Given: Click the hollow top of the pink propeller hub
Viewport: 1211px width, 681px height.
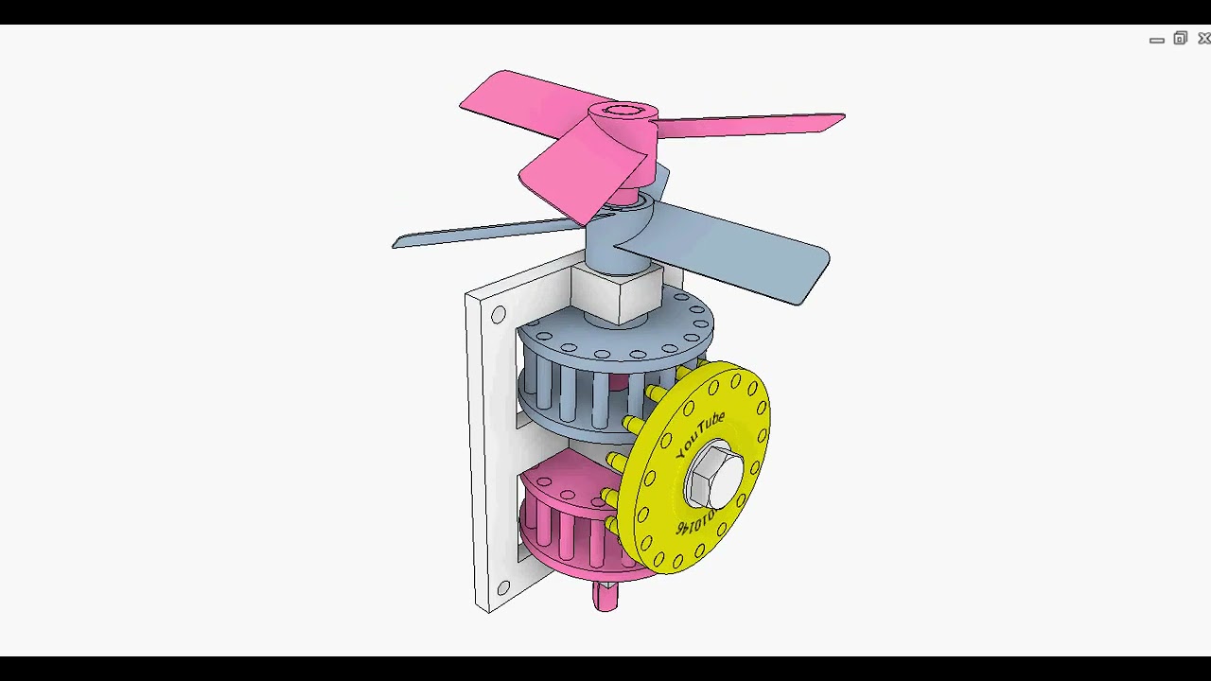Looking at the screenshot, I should (623, 113).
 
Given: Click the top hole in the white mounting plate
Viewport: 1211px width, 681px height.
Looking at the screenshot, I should (499, 315).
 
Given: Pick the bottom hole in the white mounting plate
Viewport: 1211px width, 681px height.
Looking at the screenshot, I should (503, 588).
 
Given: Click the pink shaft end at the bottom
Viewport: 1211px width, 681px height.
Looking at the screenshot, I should (605, 596).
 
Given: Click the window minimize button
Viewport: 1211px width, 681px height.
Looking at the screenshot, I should (1156, 40).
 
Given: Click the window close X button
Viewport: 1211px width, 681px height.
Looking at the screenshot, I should (1203, 39).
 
